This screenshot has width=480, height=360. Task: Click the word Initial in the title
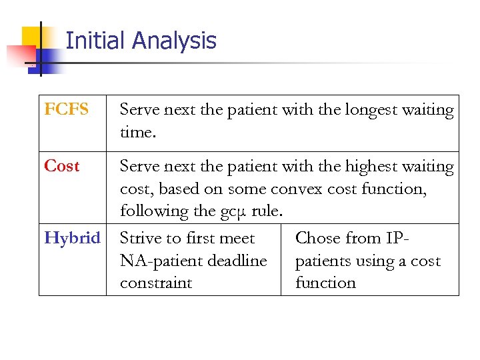point(95,41)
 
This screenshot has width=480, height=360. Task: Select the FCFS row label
point(66,109)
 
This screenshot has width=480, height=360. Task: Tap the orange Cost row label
point(61,166)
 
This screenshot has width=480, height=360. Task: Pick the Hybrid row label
point(72,238)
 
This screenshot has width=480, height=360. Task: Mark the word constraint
point(156,283)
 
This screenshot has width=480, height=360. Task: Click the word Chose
point(318,238)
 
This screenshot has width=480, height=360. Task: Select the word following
point(155,212)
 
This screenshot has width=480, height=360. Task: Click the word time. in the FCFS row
point(138,133)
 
